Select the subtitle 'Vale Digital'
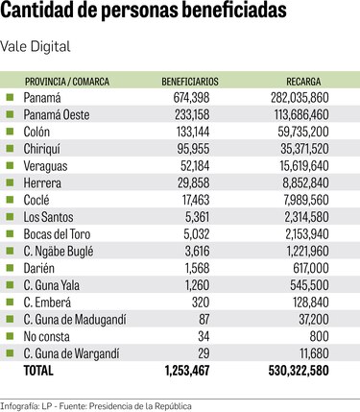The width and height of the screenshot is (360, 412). point(36,46)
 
